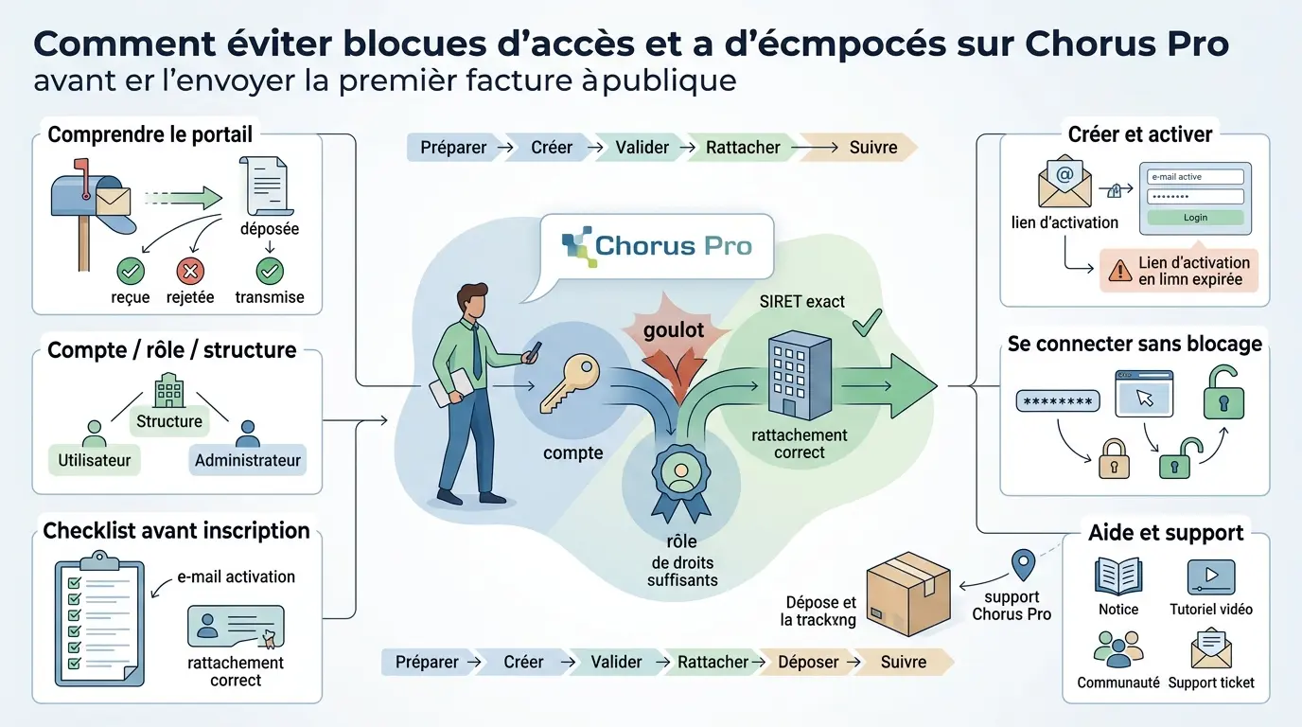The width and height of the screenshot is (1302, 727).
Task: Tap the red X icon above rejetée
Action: click(x=190, y=273)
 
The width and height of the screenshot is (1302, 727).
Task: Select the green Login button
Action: click(x=1195, y=218)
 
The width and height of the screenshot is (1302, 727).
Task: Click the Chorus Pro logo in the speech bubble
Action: click(x=657, y=246)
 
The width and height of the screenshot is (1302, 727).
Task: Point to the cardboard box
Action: click(x=907, y=594)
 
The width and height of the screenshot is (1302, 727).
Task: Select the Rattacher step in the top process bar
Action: click(x=743, y=147)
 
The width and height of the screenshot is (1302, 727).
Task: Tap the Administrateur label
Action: click(x=247, y=461)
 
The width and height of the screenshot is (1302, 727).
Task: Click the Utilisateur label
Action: click(x=94, y=461)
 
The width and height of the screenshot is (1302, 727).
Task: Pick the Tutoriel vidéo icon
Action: click(x=1211, y=576)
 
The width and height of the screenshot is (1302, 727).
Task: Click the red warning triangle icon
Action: click(x=1120, y=271)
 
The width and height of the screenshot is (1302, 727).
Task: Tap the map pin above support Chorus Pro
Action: click(x=1022, y=565)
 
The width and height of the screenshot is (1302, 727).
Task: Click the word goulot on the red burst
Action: click(x=675, y=329)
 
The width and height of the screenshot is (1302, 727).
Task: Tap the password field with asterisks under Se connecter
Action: click(x=1058, y=401)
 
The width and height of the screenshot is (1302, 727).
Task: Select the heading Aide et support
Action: click(x=1166, y=533)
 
